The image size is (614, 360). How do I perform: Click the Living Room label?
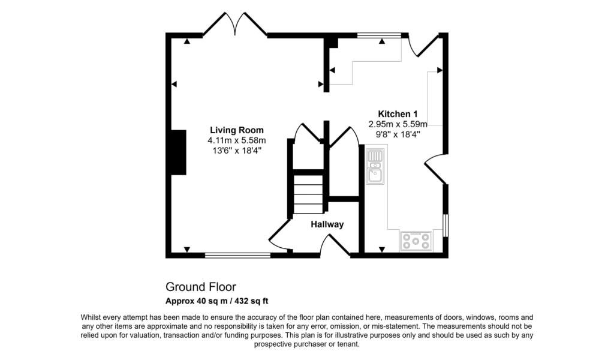tap(236, 130)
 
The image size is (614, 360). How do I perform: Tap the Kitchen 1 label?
tap(397, 114)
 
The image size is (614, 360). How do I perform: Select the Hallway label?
tap(327, 224)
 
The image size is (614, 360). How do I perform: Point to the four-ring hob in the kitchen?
tap(416, 241)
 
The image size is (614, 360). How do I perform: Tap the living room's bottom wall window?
tap(237, 255)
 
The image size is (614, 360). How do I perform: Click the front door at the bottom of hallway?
tap(335, 245)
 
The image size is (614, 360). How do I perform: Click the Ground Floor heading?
tap(201, 287)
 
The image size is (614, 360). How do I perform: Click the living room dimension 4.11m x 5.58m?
tap(236, 140)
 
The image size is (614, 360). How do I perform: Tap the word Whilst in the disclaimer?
tap(93, 317)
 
